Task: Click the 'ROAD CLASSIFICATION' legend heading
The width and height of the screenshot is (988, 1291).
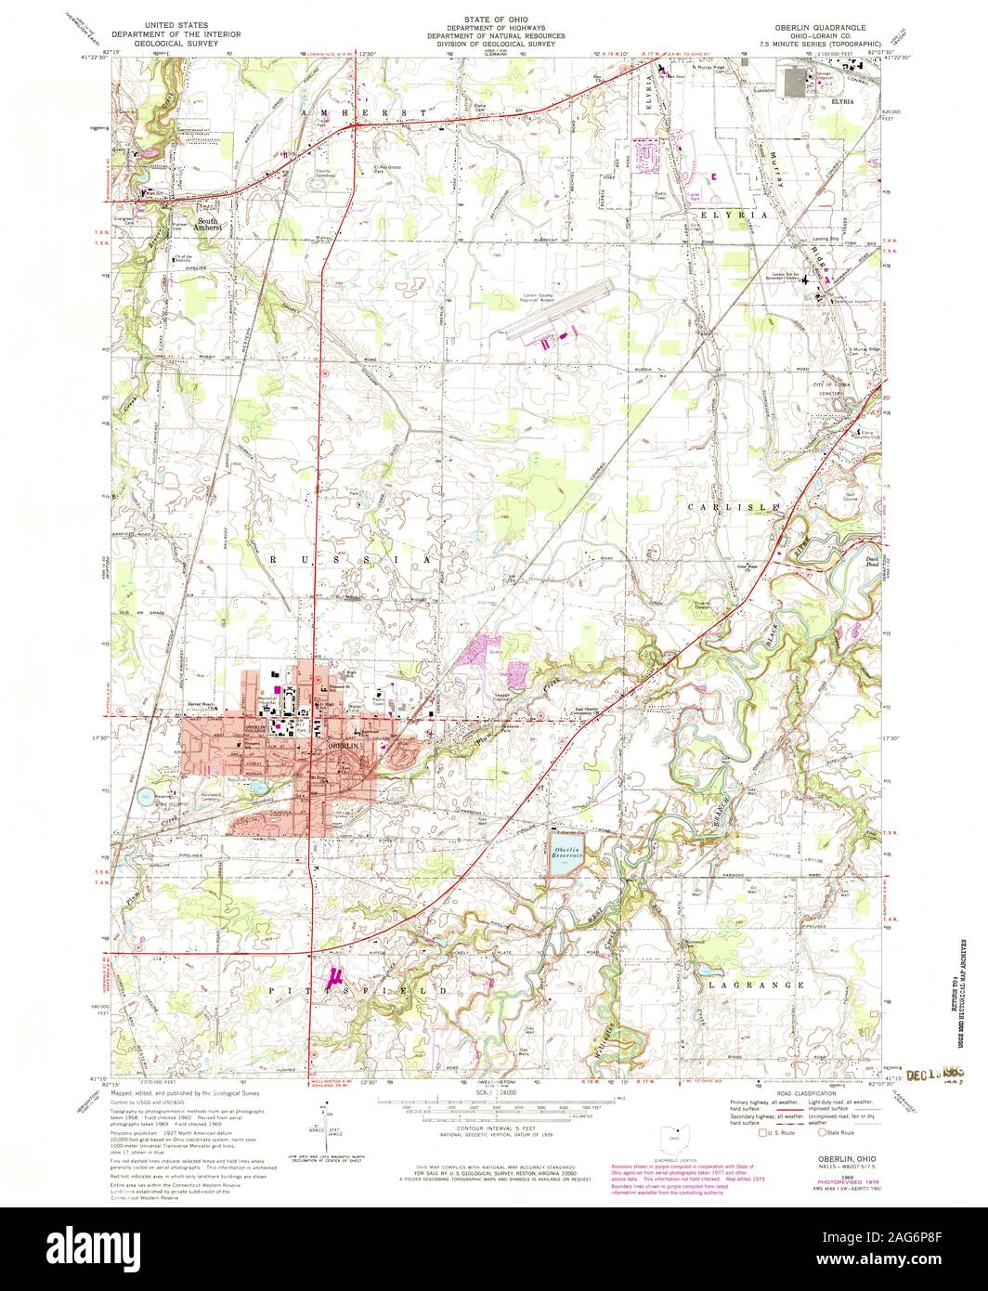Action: click(x=803, y=1093)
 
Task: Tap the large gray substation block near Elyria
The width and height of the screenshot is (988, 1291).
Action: click(x=797, y=83)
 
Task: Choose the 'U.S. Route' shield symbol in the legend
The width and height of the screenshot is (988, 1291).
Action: click(x=763, y=1132)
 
